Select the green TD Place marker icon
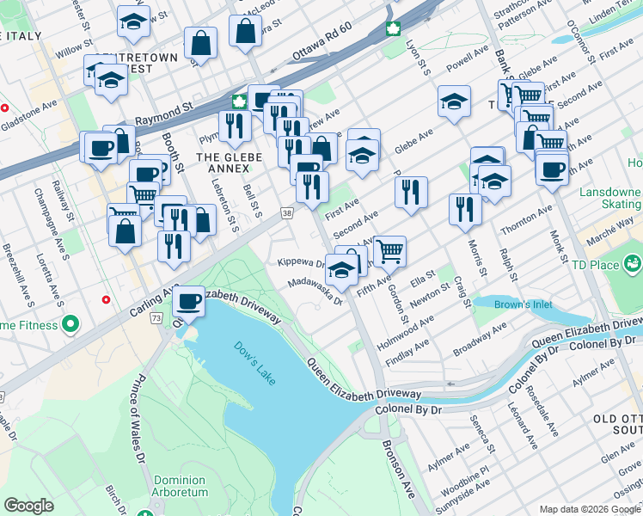click(x=634, y=261)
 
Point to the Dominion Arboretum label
click(x=181, y=486)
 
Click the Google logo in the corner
click(x=28, y=506)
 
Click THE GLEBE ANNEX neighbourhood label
click(x=223, y=163)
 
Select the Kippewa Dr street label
click(x=300, y=262)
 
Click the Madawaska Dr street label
click(x=315, y=291)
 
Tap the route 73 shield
click(x=156, y=318)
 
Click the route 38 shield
click(x=286, y=212)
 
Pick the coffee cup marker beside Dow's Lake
click(x=188, y=301)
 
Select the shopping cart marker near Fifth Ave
click(x=389, y=250)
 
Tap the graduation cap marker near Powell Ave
click(x=454, y=101)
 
